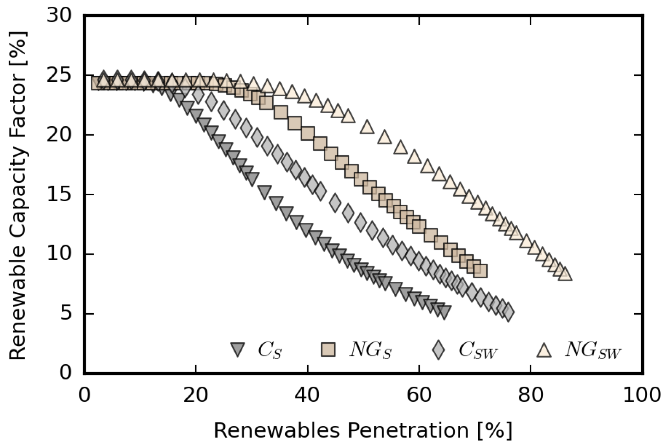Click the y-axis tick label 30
click(59, 17)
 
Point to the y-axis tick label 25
click(59, 76)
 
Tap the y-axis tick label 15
click(59, 195)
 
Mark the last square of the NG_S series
click(480, 271)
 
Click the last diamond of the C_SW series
click(508, 313)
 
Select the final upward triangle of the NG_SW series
click(565, 274)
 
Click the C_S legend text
click(270, 349)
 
